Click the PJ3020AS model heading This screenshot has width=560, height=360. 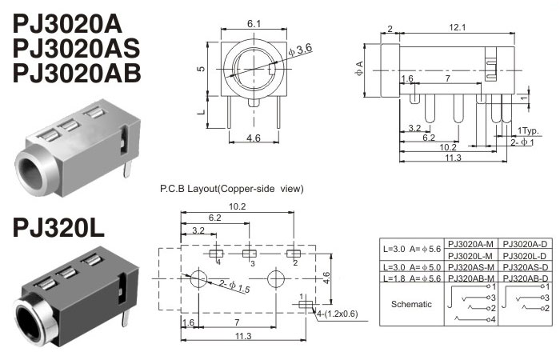point(76,48)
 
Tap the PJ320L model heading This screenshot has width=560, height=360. point(58,228)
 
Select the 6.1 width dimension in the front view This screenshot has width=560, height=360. point(254,23)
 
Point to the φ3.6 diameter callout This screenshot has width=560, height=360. point(300,50)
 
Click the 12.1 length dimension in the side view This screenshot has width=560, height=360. point(457,27)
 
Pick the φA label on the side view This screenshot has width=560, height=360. point(359,69)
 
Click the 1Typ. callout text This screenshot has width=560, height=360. point(528,130)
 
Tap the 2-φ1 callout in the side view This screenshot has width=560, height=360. point(522,142)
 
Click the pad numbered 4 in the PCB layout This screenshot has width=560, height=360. point(216,254)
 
